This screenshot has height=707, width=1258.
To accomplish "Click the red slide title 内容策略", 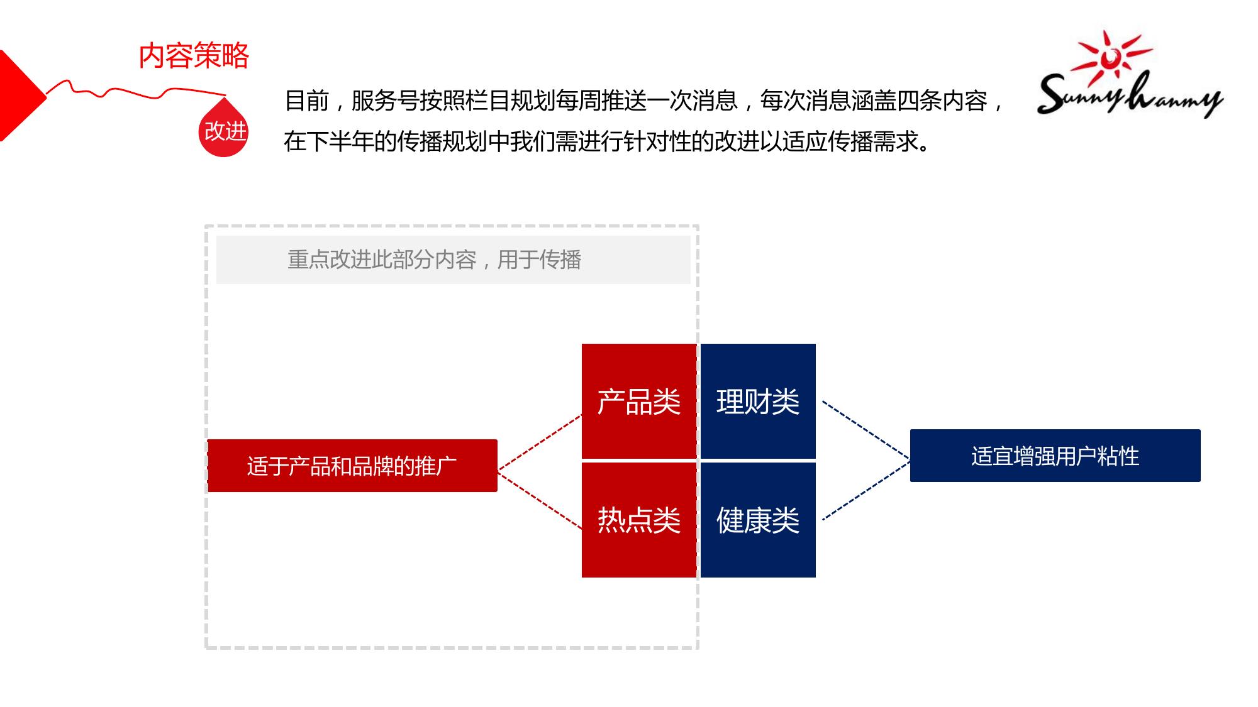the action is [x=194, y=56].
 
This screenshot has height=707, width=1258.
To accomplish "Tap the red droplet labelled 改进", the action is [x=223, y=128].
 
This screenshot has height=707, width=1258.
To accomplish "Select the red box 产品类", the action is [x=639, y=401].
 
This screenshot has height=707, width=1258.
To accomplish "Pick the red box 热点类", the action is [x=639, y=520].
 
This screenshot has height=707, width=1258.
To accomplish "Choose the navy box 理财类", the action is [x=758, y=401].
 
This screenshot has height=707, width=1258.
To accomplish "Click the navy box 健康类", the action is [x=758, y=520].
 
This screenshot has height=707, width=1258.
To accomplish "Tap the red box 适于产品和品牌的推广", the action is [x=352, y=466].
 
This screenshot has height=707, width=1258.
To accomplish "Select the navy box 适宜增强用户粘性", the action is [x=1055, y=456].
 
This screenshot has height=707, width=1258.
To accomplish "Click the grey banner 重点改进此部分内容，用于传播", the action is [x=453, y=260].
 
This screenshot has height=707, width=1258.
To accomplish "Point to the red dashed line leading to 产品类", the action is [x=540, y=442].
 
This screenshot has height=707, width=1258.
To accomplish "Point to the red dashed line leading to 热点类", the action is [x=540, y=499].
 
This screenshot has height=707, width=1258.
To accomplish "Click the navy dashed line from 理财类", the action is [x=866, y=430].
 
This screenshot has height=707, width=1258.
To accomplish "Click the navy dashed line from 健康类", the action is [x=866, y=491].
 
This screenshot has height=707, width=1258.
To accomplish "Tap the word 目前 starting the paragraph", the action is [x=307, y=101].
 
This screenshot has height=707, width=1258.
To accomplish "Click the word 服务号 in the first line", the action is [x=385, y=101].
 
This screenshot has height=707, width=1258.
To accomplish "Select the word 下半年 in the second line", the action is [x=340, y=141].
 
